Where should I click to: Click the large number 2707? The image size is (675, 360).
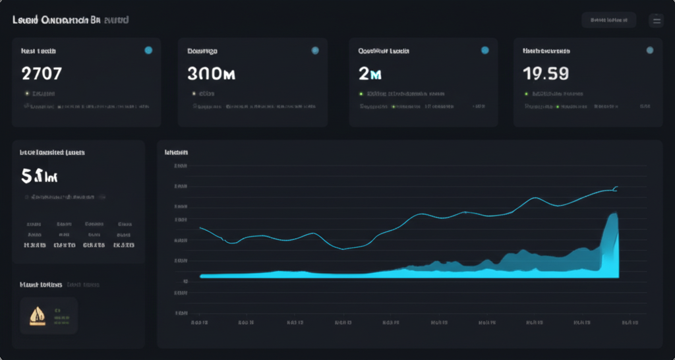(x=42, y=73)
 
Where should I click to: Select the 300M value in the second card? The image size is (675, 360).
(x=211, y=73)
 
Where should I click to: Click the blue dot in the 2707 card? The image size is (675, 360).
(x=148, y=50)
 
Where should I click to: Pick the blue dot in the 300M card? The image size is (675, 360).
(x=315, y=50)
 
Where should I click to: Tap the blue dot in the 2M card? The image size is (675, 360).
(x=485, y=50)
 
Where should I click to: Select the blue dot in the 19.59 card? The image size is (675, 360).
(x=650, y=50)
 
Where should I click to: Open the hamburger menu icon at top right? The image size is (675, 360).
(x=656, y=20)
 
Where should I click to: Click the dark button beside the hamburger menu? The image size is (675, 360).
(x=608, y=20)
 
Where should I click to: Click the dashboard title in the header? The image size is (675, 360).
(x=70, y=20)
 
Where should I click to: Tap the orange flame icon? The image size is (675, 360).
(x=34, y=315)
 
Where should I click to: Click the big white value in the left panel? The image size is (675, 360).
(x=40, y=176)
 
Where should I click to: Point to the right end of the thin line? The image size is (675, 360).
(x=617, y=187)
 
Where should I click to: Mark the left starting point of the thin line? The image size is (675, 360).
(x=200, y=227)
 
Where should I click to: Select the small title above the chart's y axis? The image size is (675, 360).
(x=176, y=152)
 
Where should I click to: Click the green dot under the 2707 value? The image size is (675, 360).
(x=27, y=94)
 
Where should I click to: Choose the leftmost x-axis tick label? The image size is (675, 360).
(x=200, y=323)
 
